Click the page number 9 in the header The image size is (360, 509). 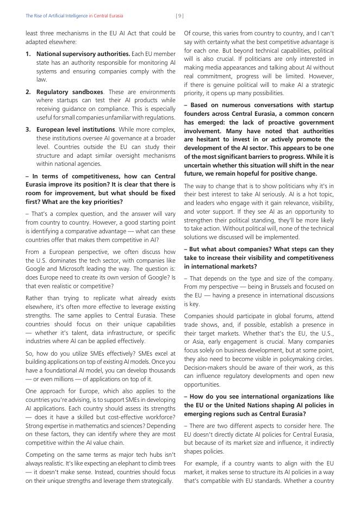(x=179, y=16)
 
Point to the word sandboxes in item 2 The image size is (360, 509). (x=87, y=92)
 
